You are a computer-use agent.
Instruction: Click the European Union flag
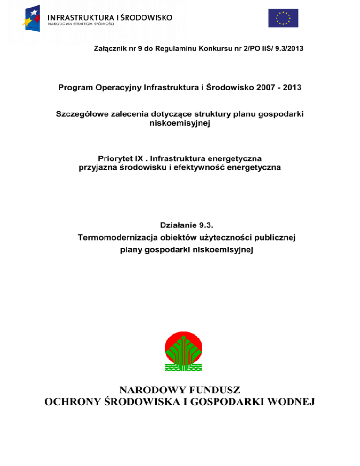coord(283,18)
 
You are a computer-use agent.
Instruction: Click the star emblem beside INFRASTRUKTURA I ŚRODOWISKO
coord(33,18)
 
